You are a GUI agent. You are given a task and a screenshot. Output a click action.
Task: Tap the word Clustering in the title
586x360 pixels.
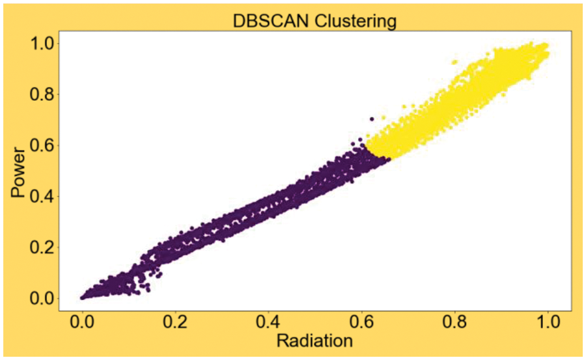pyautogui.click(x=357, y=21)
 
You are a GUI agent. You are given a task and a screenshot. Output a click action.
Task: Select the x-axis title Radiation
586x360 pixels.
pyautogui.click(x=314, y=340)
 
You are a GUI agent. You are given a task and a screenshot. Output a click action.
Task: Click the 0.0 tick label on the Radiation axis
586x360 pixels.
pyautogui.click(x=82, y=321)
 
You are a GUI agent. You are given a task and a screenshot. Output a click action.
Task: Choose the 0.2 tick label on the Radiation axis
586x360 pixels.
pyautogui.click(x=175, y=321)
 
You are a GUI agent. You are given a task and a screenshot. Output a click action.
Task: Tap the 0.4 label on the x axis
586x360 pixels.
pyautogui.click(x=268, y=321)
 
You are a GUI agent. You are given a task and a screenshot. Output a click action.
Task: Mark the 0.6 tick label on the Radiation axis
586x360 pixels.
pyautogui.click(x=361, y=321)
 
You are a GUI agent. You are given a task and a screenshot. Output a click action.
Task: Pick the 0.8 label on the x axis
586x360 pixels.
pyautogui.click(x=454, y=321)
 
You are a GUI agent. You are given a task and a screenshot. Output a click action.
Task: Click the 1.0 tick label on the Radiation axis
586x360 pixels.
pyautogui.click(x=548, y=321)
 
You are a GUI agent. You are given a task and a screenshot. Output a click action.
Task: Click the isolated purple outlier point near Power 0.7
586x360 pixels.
pyautogui.click(x=372, y=119)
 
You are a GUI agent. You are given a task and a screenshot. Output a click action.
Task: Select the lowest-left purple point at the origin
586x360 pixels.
pyautogui.click(x=83, y=298)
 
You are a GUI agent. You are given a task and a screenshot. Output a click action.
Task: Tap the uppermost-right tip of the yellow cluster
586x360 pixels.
pyautogui.click(x=546, y=46)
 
